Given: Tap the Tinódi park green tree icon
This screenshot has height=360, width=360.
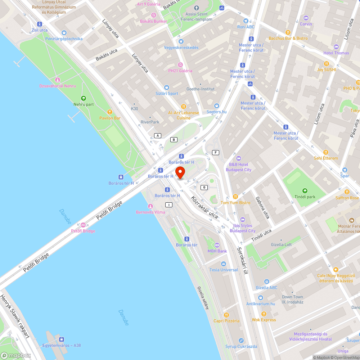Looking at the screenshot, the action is [x=305, y=191].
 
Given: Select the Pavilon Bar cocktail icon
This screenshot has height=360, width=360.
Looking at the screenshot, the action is [x=110, y=112].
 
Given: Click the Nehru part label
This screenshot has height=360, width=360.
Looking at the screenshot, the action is [x=84, y=104].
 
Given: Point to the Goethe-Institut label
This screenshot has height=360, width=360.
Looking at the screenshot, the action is [x=200, y=89].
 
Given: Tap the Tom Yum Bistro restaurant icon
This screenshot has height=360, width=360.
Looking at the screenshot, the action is [x=235, y=196].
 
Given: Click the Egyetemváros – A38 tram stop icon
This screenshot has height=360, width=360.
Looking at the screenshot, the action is [x=62, y=339].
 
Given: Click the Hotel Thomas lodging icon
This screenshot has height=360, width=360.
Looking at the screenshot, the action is [x=336, y=47].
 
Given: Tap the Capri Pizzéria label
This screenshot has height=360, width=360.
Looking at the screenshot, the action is [x=226, y=321].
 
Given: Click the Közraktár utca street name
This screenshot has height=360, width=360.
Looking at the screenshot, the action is [x=204, y=208].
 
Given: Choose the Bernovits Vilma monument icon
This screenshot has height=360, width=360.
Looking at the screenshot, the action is [x=150, y=206].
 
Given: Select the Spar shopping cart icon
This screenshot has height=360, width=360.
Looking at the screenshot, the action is [x=345, y=170].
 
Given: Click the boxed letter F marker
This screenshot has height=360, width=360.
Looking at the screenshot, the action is [x=216, y=153].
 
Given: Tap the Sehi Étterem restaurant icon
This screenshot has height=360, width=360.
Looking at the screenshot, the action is [x=326, y=152].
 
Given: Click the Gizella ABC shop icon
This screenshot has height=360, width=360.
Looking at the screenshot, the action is [x=266, y=282].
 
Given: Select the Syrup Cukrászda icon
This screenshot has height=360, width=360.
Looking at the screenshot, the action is [x=241, y=340].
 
